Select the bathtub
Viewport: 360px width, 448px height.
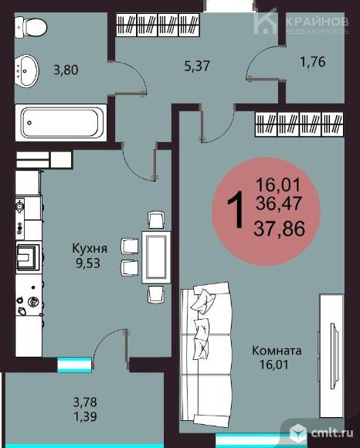(60, 122)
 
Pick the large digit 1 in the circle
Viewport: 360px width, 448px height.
(240, 209)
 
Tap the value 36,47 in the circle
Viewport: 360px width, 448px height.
(283, 205)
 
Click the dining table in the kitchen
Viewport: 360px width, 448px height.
(157, 256)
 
